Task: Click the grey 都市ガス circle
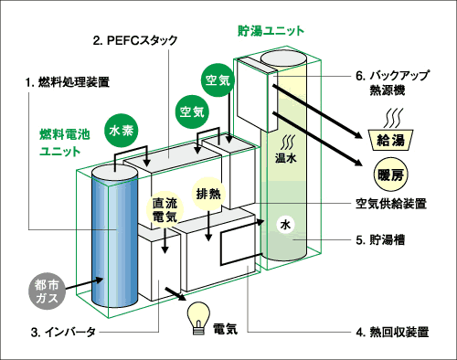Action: tap(47, 291)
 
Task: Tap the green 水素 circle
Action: tap(121, 131)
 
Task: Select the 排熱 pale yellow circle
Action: tap(208, 194)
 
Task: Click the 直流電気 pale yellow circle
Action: tap(165, 210)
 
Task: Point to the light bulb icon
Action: tap(198, 318)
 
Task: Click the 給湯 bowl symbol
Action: tap(390, 140)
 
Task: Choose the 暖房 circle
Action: tap(390, 175)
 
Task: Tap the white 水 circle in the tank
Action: tap(285, 225)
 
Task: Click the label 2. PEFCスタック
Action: tap(135, 41)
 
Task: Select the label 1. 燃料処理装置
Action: tap(68, 82)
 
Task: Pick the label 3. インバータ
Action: tap(63, 332)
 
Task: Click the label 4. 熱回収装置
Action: tap(392, 332)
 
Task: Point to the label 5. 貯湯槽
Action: tap(380, 240)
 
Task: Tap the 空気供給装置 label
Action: tap(391, 204)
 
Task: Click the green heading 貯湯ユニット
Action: tap(271, 31)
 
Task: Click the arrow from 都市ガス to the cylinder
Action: tap(84, 283)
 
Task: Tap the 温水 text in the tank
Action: tap(285, 158)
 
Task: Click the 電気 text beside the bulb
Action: tap(225, 329)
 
